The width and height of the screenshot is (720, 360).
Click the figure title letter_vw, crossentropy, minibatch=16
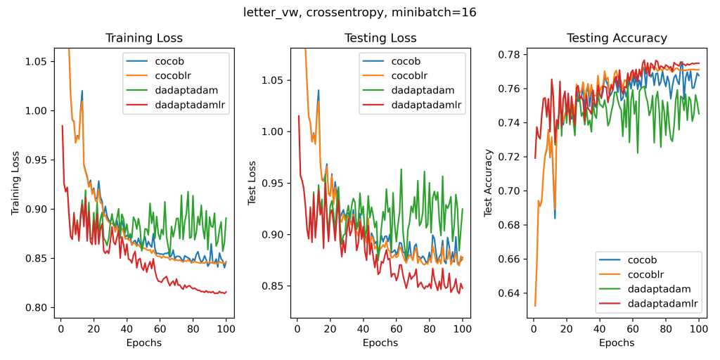(360, 12)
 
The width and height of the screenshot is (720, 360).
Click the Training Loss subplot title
(143, 38)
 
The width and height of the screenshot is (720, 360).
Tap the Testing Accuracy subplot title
(617, 38)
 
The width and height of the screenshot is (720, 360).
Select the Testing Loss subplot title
(380, 38)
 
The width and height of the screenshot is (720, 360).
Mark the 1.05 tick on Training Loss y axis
(35, 61)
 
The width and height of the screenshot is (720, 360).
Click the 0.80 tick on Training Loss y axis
(35, 307)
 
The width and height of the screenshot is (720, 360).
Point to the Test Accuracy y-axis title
(488, 182)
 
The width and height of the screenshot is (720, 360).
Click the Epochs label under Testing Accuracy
(617, 342)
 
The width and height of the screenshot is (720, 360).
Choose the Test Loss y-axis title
(252, 182)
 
